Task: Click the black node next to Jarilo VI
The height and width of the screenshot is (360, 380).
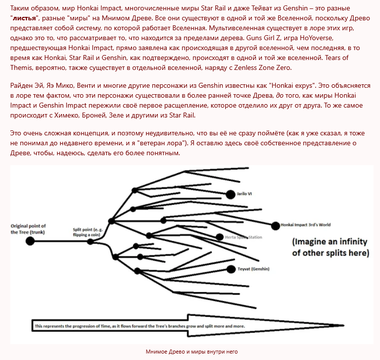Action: (x=230, y=194)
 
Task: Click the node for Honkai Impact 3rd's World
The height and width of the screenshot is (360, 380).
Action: (x=275, y=226)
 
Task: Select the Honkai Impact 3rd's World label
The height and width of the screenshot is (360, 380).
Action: (x=306, y=225)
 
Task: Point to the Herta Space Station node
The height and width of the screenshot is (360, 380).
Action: (x=220, y=238)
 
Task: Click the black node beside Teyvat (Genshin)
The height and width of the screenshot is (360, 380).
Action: (x=230, y=269)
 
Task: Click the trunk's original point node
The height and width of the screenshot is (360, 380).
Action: (x=30, y=241)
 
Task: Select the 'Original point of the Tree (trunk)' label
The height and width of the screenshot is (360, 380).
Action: (x=28, y=229)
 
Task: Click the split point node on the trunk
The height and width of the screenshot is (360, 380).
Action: (x=90, y=241)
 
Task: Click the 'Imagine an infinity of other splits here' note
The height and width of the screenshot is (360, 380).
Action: (x=330, y=247)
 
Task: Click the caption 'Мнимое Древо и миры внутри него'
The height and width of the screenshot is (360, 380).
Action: (x=191, y=352)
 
